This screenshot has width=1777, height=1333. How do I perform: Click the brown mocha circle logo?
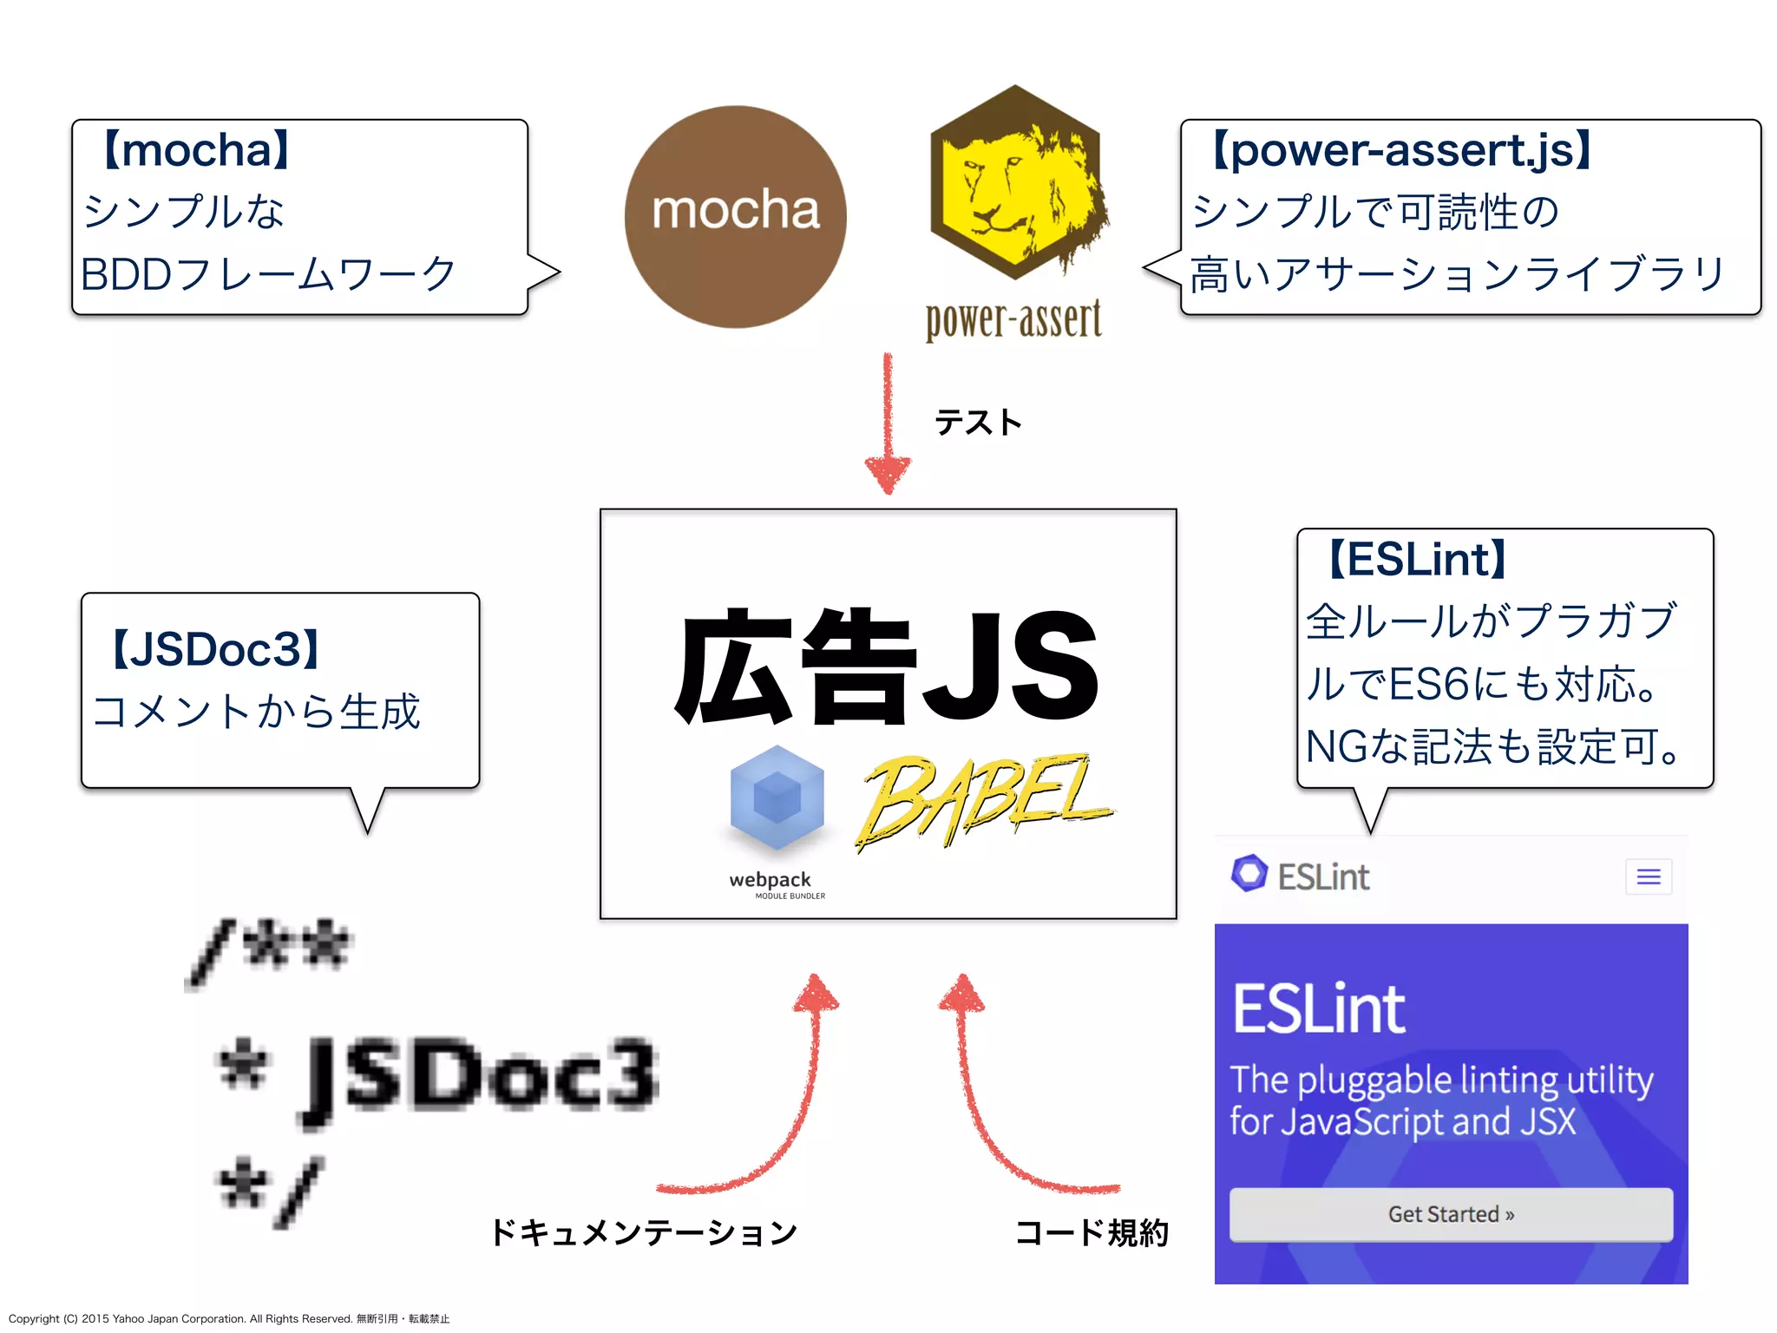pos(735,217)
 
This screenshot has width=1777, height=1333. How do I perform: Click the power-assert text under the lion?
pos(1013,320)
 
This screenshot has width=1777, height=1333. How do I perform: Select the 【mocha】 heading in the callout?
pos(196,150)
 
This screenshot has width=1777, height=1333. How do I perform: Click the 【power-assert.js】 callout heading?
pos(1400,149)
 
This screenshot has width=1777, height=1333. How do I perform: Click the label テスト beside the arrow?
pos(978,423)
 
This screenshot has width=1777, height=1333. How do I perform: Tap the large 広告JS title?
pos(887,666)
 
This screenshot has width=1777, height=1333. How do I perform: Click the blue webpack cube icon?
pos(777,797)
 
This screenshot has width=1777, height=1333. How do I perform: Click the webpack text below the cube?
pos(770,880)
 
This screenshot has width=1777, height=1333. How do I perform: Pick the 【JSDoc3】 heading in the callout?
pos(216,649)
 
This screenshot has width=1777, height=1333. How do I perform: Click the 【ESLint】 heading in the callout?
pos(1417,559)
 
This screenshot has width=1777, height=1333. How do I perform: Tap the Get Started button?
pos(1451,1214)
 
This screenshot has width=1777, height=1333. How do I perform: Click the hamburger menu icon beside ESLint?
pos(1649,877)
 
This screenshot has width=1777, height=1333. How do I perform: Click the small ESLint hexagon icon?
pos(1249,874)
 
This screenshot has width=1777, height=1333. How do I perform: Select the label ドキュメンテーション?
pos(643,1232)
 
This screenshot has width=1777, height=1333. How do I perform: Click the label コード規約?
pos(1092,1232)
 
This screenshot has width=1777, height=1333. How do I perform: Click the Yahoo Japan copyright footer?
pos(229,1318)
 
